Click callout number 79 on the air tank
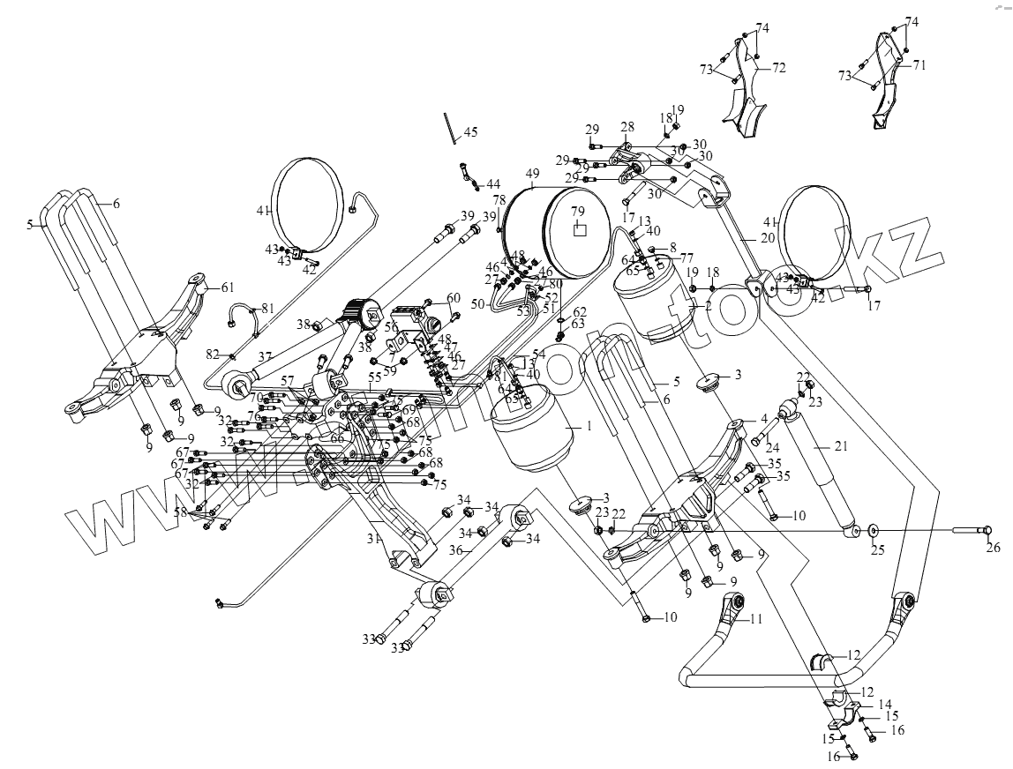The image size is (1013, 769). coord(577,212)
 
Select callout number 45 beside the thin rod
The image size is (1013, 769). coord(470,132)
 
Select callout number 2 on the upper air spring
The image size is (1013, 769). coord(707,306)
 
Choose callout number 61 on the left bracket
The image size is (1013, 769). coord(227,287)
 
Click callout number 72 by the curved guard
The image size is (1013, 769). coord(779,67)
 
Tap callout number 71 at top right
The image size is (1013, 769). coord(919,65)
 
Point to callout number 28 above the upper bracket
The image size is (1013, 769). coord(627,127)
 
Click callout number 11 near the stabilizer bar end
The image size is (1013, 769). coord(756,619)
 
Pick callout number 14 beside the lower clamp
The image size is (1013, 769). coord(885,704)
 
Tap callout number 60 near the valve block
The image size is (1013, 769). coord(453,297)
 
